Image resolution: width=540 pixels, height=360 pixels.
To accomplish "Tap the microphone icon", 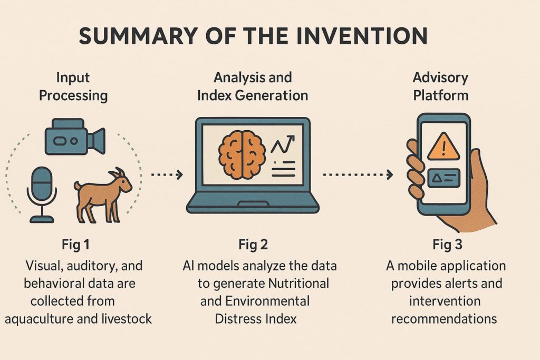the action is (x=42, y=194).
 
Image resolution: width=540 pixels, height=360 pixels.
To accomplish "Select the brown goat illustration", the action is (x=103, y=195).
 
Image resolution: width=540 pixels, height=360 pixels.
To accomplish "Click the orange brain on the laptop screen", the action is (x=242, y=154).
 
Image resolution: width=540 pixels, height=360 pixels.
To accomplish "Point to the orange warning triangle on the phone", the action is (x=443, y=147).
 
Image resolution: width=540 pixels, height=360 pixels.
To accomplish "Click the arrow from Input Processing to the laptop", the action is (x=167, y=175).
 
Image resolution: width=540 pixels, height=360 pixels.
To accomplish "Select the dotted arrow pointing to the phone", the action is (x=358, y=175).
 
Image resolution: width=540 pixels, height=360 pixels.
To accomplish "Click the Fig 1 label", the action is (x=75, y=245).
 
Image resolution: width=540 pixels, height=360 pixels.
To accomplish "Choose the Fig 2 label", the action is (x=253, y=245).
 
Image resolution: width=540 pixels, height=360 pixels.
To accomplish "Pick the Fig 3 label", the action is (x=447, y=245).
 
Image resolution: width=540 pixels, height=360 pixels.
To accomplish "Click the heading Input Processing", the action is (x=73, y=87).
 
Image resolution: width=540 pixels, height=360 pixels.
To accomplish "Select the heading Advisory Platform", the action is (x=440, y=87).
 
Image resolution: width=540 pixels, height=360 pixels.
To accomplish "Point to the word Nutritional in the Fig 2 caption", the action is (x=298, y=284).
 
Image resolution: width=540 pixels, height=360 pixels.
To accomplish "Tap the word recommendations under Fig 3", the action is (x=444, y=319).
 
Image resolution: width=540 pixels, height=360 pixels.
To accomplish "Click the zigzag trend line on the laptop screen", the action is (x=283, y=144).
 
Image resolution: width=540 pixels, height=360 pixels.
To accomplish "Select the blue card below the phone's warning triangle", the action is (x=443, y=178).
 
